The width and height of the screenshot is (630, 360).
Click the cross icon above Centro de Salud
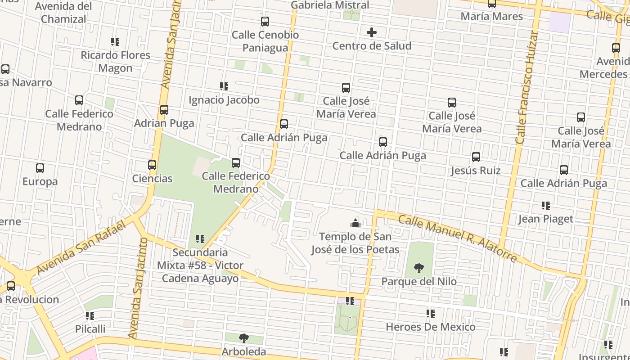pos(372,32)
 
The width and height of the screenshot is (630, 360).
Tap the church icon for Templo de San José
pos(355,223)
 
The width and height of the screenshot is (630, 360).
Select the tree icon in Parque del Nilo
pos(419,268)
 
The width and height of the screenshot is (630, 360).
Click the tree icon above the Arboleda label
pos(243,338)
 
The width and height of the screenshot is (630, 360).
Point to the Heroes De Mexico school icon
pos(431,314)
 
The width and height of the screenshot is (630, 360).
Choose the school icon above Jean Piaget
pos(546,206)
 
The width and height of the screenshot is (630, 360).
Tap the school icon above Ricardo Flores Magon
pos(115,42)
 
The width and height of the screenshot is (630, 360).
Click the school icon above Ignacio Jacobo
pos(224,86)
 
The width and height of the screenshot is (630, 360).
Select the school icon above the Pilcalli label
pos(90,316)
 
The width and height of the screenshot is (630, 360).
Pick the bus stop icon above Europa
pos(40,168)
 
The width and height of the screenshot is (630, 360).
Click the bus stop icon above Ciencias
pos(152,165)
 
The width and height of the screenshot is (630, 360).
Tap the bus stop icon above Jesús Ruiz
pos(476,157)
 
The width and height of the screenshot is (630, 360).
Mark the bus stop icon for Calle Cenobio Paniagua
pos(265,21)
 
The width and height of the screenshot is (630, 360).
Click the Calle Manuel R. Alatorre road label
pos(458,238)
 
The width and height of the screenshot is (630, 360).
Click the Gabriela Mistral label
pos(330,5)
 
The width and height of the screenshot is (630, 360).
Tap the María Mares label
pos(492,16)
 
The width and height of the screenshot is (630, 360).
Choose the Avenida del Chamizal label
pos(63,13)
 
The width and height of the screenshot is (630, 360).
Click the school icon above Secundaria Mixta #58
pos(200,239)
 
